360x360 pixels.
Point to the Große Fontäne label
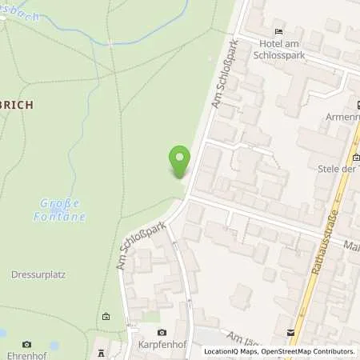coord(60,210)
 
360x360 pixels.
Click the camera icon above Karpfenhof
coord(161,332)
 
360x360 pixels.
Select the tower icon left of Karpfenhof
coord(102,352)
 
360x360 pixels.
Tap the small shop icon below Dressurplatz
coord(106,316)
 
